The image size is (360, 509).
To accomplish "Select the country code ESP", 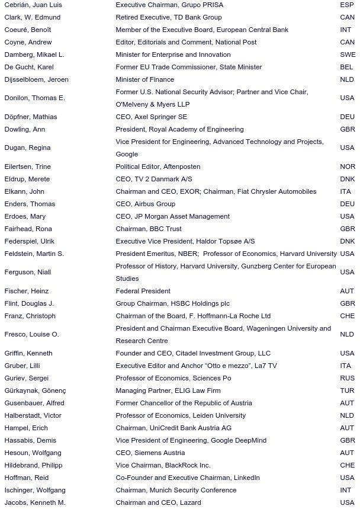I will [347, 5].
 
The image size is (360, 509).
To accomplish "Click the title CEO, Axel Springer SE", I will [151, 117].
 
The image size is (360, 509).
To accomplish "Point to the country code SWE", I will [348, 55].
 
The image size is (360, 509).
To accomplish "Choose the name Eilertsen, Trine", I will [28, 167].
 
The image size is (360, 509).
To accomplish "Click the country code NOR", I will [348, 167].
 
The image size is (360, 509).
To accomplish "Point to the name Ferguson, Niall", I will [27, 272].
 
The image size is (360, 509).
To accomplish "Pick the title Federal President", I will [143, 291].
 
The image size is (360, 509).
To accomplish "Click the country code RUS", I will [348, 378].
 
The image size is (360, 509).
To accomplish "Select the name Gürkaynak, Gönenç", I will [35, 390].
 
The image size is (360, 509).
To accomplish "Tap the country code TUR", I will [348, 390].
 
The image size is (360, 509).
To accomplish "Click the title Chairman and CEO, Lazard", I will [158, 502].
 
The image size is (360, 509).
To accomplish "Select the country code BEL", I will [347, 67].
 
